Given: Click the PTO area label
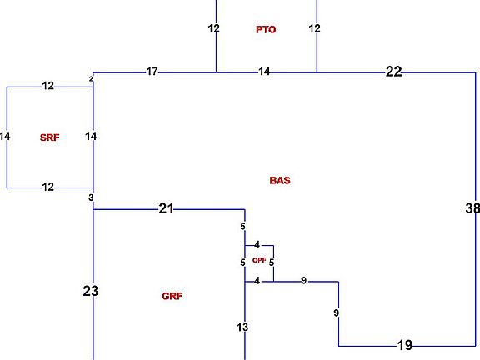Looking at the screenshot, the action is (266, 30).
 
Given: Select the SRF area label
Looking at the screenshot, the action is (50, 137).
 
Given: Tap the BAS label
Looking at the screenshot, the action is (280, 180).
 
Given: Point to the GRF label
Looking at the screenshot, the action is (172, 296).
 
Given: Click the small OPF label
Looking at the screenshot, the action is (259, 260).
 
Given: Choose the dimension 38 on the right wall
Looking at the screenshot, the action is (472, 208).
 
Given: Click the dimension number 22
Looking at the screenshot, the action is (393, 72).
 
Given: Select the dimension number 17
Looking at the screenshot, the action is (152, 72).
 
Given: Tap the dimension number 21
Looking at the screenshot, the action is (166, 208).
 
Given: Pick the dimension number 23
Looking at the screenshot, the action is (91, 291).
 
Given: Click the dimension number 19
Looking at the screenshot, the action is (405, 345).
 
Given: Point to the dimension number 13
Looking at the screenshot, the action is (242, 327).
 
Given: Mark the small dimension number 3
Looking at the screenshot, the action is (91, 197).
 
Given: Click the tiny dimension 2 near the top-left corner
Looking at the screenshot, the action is (91, 79).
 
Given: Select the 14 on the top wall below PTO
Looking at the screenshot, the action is (264, 72).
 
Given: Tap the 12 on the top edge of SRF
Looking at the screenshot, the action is (48, 86).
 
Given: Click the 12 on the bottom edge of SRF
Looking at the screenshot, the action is (48, 187).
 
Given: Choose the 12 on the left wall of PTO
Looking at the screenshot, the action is (213, 28).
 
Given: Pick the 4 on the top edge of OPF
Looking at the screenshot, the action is (257, 245).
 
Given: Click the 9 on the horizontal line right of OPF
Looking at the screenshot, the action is (303, 280).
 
